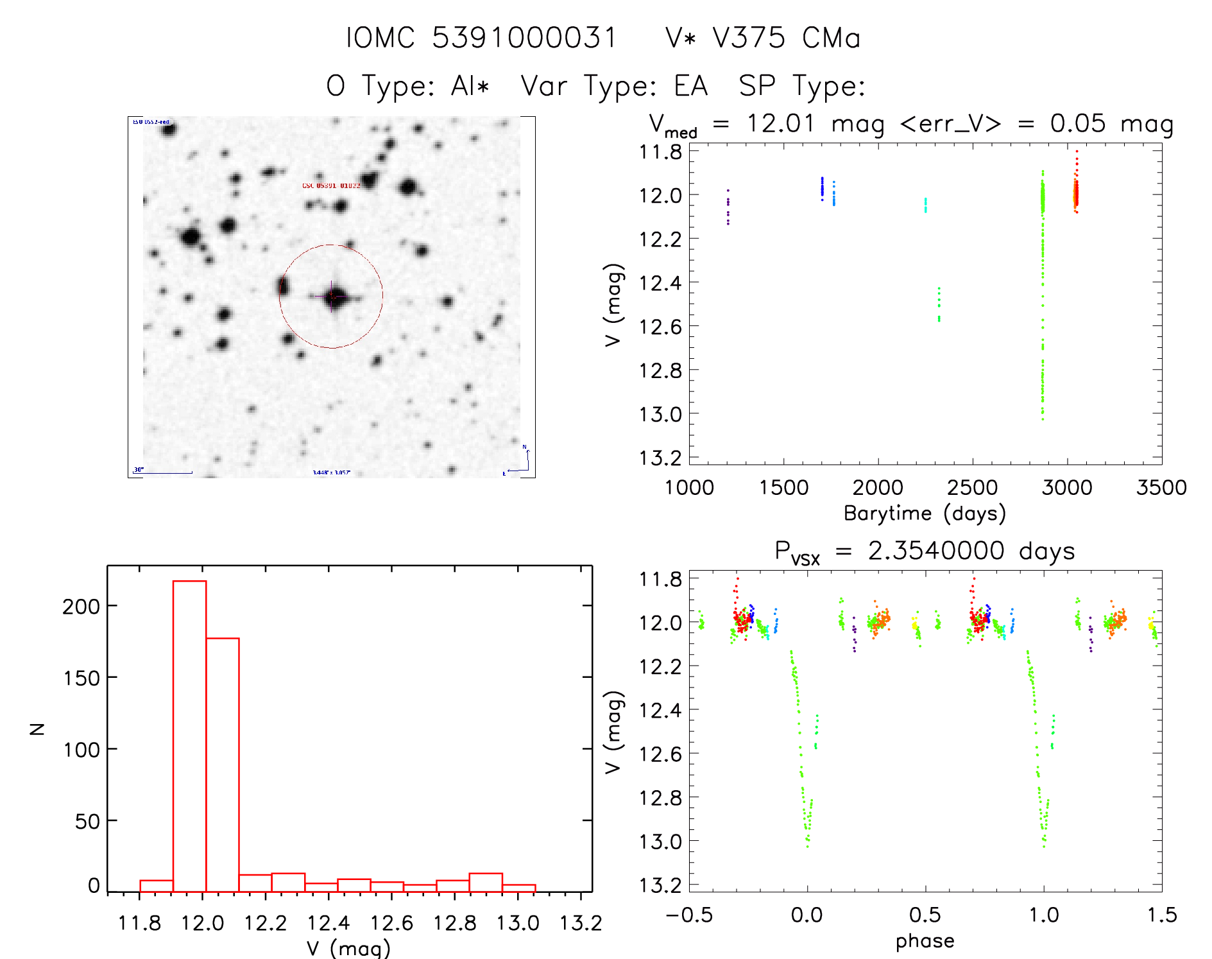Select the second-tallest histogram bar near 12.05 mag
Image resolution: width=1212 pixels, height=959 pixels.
[223, 765]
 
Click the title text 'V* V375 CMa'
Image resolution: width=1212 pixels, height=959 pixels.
[763, 38]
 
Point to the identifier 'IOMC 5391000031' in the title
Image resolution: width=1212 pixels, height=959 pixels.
[481, 38]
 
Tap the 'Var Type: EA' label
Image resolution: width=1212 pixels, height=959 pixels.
[614, 86]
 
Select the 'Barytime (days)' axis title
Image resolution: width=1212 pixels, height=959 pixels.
[925, 514]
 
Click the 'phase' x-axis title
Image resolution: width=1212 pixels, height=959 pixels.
[925, 941]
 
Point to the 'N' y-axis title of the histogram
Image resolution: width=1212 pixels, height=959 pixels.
[38, 729]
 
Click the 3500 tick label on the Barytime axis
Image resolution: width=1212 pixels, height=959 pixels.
[1161, 488]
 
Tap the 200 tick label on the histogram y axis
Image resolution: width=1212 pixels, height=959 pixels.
[81, 607]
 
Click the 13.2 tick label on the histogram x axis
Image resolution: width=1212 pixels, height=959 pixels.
[581, 923]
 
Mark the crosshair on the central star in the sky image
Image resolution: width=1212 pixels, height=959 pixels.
[332, 297]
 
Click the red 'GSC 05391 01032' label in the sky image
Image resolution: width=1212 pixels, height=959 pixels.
[331, 186]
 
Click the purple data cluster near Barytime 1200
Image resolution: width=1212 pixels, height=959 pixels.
[728, 207]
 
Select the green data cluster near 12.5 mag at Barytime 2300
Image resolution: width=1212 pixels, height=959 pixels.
[939, 305]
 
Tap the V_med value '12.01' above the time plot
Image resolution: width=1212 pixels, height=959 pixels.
[780, 123]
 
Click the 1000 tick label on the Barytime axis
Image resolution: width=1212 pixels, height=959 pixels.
[689, 488]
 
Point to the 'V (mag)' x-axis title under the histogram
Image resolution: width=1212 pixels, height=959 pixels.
[348, 948]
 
